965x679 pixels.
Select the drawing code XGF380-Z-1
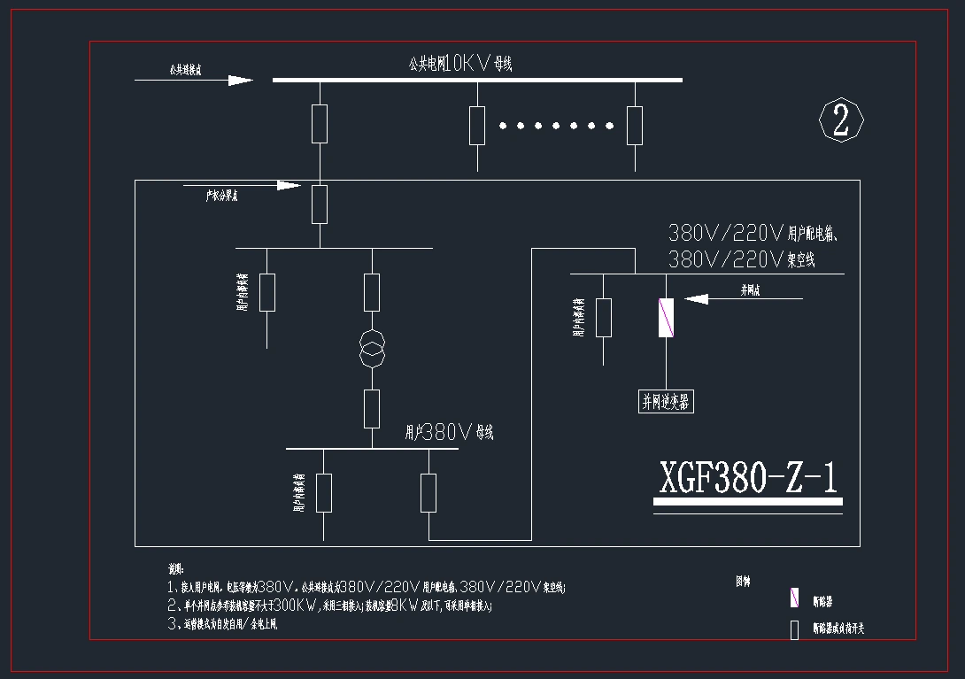(748, 478)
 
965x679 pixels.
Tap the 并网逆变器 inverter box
(665, 401)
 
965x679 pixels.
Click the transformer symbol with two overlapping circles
(372, 350)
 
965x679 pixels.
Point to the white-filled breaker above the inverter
(666, 318)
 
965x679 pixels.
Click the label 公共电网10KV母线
(460, 63)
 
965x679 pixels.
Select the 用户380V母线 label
(449, 433)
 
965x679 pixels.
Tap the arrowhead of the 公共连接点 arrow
(241, 81)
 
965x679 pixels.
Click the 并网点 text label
(751, 289)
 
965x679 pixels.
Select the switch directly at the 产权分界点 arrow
(320, 204)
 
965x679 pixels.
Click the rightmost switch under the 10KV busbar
(635, 125)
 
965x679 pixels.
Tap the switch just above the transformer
(372, 292)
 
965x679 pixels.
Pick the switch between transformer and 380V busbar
(372, 408)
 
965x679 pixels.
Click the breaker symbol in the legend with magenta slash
(794, 598)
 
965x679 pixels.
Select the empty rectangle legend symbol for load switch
(794, 629)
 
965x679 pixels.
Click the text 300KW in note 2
(296, 606)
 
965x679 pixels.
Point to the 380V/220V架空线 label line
(741, 260)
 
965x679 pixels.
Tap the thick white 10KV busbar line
(477, 80)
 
